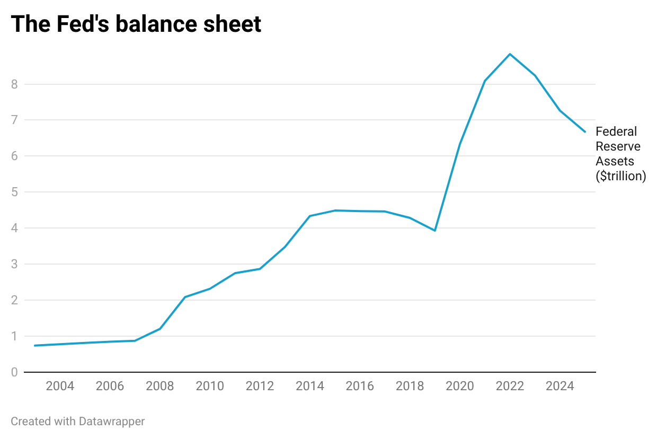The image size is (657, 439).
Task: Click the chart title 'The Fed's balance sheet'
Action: tap(136, 24)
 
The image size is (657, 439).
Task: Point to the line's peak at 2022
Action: tap(510, 54)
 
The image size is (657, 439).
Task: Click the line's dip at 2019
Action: tap(434, 231)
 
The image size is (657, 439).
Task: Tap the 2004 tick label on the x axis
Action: tap(60, 386)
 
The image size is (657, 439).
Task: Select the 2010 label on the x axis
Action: tap(210, 386)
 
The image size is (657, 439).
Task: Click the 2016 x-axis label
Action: tap(360, 386)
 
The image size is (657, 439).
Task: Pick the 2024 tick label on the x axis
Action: tap(560, 386)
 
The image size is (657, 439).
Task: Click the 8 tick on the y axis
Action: tap(14, 84)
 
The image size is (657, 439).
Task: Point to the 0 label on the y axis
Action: tap(14, 372)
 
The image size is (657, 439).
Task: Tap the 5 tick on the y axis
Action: tap(14, 192)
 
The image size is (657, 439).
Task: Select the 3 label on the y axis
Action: tap(14, 264)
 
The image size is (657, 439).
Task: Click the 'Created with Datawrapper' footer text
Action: tap(77, 422)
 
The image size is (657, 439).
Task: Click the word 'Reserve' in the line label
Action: tap(618, 146)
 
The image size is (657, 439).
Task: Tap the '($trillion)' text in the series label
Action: tap(621, 176)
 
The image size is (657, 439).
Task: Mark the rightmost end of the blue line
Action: tap(585, 131)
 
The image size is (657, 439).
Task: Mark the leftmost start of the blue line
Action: tap(34, 346)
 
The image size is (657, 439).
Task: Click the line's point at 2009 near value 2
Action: tap(185, 297)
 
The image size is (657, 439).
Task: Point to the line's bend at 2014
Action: tap(310, 216)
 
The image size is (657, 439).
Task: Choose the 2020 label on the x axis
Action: tap(460, 386)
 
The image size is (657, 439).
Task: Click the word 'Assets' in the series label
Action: tap(615, 161)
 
